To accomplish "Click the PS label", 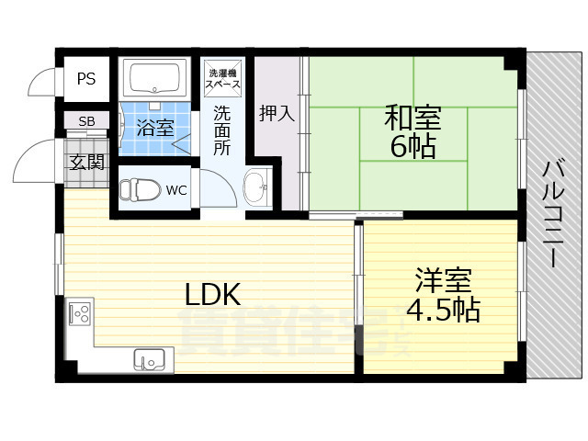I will point(85,79).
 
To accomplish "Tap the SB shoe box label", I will point(85,121).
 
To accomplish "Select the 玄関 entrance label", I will point(85,163).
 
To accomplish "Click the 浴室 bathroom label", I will point(154,127).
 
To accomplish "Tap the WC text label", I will point(176,191).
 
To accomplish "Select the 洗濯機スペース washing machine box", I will point(223,78).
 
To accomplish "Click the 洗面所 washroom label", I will point(223,130).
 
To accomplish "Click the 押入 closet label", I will point(277,114).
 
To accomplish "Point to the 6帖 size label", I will point(413,147).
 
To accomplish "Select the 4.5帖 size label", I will point(443,310).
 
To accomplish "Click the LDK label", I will point(212,295).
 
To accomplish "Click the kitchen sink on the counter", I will point(150,357).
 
